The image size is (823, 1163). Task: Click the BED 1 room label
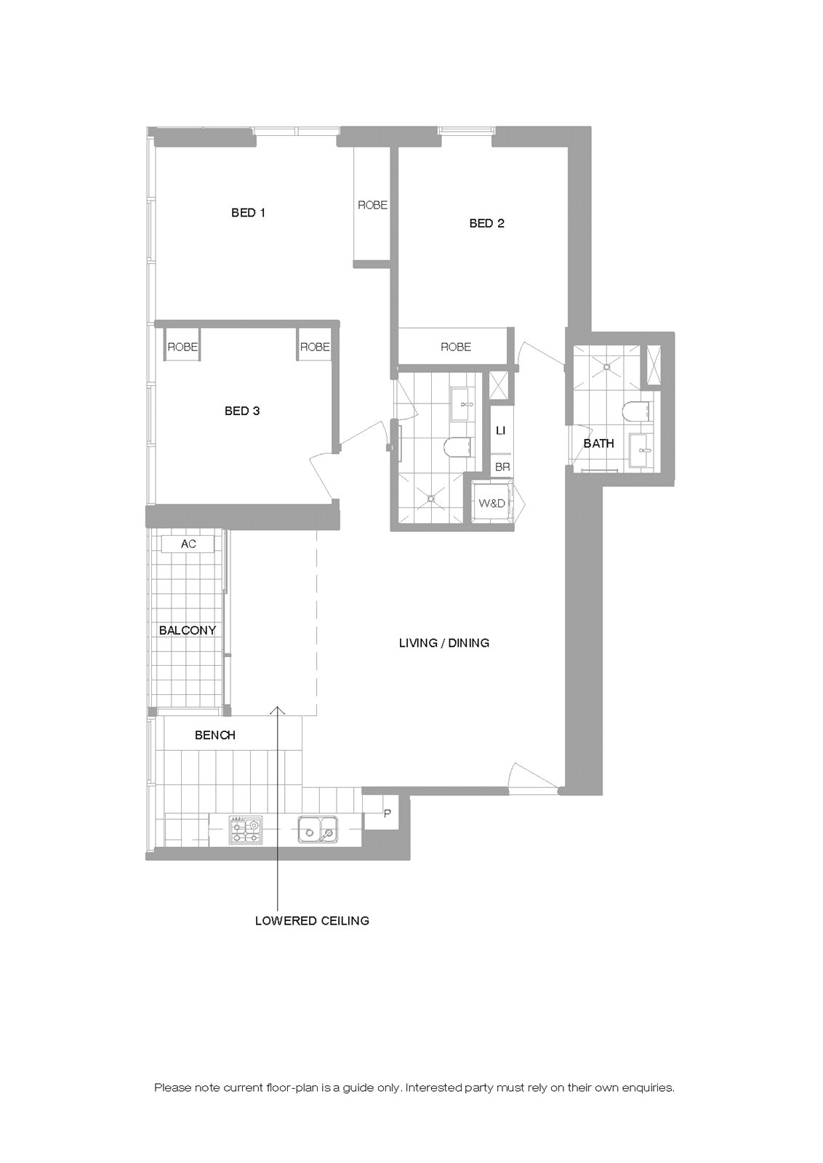248,212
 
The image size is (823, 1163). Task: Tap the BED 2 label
486,223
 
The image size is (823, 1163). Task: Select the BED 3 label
242,411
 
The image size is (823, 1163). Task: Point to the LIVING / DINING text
444,643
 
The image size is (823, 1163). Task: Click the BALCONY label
188,630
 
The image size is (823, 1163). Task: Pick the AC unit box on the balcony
188,544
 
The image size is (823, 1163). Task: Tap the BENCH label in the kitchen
215,735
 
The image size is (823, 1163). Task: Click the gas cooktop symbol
246,829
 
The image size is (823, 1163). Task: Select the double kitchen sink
317,829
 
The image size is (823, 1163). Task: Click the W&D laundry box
491,502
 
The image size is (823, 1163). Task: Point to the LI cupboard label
500,430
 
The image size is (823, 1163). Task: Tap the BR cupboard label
502,467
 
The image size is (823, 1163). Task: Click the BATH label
598,443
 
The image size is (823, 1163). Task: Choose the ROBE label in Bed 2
456,347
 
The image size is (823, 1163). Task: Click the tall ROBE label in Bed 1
372,205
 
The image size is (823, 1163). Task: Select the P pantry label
387,814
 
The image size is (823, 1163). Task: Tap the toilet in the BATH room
635,411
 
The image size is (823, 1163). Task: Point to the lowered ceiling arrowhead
278,710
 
